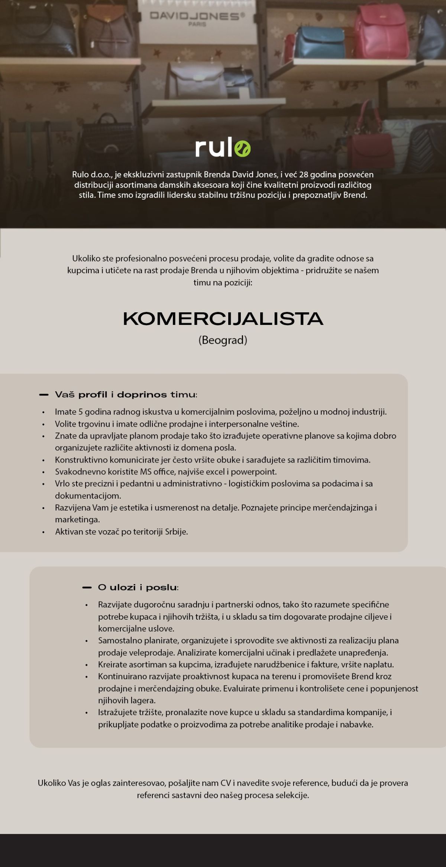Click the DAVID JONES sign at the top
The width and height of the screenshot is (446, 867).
(197, 17)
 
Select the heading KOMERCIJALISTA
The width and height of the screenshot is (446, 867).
(223, 319)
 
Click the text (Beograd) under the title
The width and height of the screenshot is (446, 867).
(223, 340)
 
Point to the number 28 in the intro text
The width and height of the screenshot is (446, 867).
(304, 175)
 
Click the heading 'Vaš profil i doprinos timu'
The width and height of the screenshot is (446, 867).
(126, 395)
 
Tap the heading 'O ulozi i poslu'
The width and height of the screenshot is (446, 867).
(138, 587)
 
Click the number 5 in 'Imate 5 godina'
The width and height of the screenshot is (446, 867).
(80, 412)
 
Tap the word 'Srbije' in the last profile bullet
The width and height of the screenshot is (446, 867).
(176, 532)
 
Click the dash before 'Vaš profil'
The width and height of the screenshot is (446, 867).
(44, 395)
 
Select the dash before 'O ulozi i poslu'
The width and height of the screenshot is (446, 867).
(87, 587)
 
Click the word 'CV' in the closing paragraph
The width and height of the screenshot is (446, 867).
(226, 783)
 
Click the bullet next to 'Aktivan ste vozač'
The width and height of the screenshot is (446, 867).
(43, 532)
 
